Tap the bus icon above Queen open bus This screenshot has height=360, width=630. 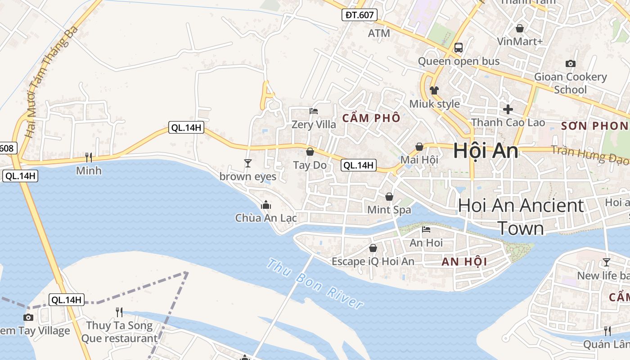[x=459, y=47]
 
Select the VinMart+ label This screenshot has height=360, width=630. [x=520, y=41]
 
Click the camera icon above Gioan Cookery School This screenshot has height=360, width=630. [x=570, y=63]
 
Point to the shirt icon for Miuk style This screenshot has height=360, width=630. [x=434, y=90]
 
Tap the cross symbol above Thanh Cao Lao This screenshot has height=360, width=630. [x=508, y=109]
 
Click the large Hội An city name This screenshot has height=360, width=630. [x=486, y=150]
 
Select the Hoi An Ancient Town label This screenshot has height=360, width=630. [x=521, y=217]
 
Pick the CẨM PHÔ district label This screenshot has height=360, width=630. [x=371, y=118]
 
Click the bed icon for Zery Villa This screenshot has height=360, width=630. [x=314, y=111]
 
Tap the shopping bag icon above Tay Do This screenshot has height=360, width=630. [x=310, y=151]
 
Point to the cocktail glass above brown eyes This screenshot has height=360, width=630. [x=247, y=163]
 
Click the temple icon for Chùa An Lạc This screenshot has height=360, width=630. [x=266, y=205]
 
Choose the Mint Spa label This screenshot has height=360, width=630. [x=389, y=210]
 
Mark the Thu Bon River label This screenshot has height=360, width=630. [x=315, y=283]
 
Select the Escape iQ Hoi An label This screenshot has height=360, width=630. [x=373, y=261]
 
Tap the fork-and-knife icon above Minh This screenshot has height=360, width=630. [x=89, y=157]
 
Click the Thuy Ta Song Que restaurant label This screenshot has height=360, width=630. [x=119, y=332]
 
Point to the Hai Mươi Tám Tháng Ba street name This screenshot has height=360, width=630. [x=52, y=82]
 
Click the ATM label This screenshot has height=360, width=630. [x=378, y=33]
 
